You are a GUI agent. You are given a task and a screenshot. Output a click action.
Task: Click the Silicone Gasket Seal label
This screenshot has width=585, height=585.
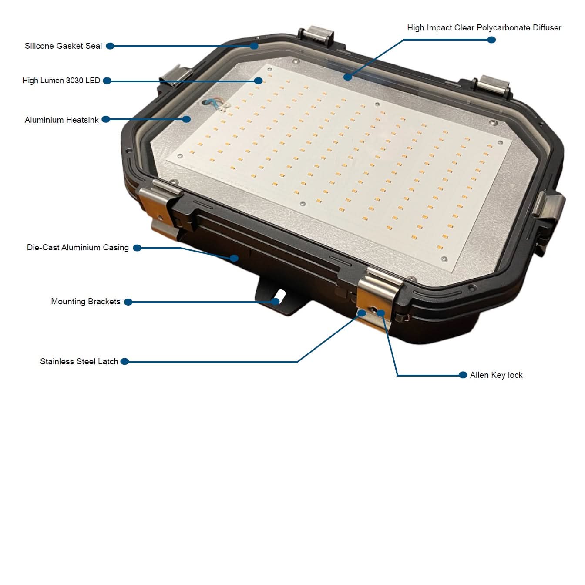tap(63, 46)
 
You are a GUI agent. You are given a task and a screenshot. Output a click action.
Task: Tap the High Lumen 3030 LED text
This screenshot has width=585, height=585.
tap(61, 81)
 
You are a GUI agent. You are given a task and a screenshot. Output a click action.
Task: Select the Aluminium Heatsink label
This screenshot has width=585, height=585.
tap(61, 120)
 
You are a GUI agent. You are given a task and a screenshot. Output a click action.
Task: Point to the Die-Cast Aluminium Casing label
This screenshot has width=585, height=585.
tap(78, 247)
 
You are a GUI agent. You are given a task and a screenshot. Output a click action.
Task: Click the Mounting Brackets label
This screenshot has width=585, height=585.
tap(86, 302)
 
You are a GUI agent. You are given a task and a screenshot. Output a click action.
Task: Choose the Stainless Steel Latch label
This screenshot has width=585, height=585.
tap(79, 362)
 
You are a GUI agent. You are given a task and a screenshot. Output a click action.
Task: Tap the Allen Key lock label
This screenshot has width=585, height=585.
tap(496, 375)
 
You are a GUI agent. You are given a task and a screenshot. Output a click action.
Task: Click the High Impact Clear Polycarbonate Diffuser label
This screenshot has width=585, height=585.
tap(484, 27)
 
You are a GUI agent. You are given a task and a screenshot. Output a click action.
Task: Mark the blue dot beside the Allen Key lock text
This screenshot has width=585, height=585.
tap(463, 375)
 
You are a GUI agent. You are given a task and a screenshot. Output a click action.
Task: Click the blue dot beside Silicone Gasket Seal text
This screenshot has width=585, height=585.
tap(110, 46)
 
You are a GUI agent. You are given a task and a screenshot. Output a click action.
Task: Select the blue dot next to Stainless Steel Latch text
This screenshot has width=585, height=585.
tap(124, 362)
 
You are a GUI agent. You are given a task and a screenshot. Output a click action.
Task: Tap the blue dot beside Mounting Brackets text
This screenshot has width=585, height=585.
tap(128, 302)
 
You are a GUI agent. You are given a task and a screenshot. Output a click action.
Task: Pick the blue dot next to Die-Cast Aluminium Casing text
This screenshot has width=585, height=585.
tap(137, 248)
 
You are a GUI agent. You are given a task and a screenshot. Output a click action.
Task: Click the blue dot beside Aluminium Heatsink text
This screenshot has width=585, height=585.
tap(106, 119)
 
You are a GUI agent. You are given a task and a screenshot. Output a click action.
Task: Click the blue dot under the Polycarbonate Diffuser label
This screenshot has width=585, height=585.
tap(491, 40)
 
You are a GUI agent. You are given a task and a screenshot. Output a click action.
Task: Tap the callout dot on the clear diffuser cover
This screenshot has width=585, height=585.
tap(348, 77)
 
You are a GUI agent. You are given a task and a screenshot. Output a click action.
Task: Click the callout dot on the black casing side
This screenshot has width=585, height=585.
tap(234, 259)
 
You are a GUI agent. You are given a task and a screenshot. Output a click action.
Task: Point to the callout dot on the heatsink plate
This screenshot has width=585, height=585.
tap(187, 119)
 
